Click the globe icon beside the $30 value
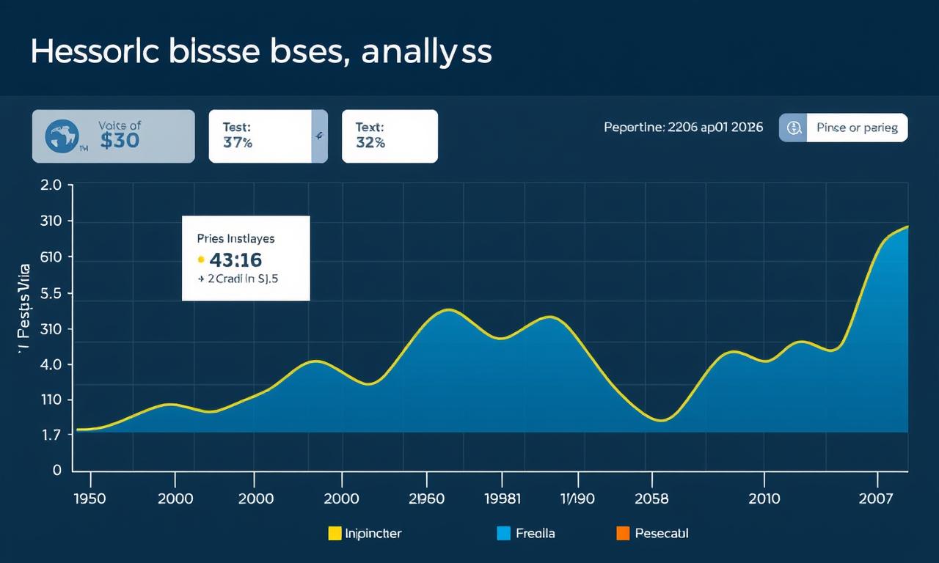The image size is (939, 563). (62, 136)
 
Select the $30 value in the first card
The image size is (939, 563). (119, 141)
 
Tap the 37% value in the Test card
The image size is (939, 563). (237, 143)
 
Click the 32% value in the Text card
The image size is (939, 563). (370, 143)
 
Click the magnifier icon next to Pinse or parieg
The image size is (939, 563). (793, 128)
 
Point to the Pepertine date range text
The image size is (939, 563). (683, 128)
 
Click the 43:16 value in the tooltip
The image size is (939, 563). (235, 260)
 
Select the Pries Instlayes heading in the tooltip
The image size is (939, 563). (235, 238)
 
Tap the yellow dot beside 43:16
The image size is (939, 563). (200, 260)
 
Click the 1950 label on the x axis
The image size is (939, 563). (90, 499)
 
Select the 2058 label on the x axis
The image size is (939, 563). (651, 499)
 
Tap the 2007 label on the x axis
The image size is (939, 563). (875, 499)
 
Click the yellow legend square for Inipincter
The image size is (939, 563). (335, 534)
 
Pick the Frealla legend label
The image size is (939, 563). (536, 534)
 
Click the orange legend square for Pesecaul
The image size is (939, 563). (624, 534)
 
